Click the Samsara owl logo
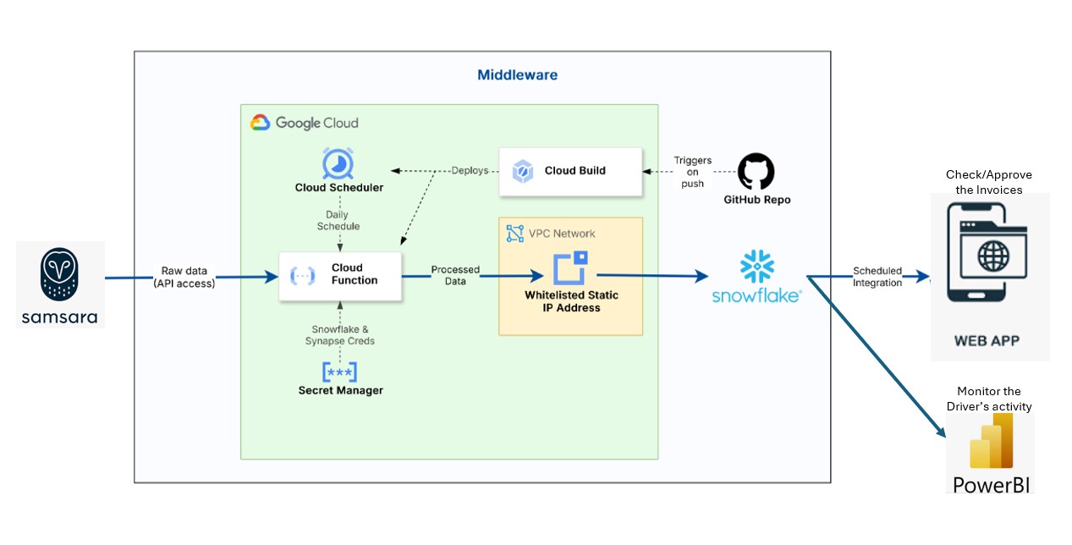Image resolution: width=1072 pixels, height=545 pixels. point(59,272)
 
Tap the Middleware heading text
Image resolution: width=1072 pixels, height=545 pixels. point(517,74)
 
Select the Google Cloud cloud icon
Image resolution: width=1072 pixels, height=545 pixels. point(260,123)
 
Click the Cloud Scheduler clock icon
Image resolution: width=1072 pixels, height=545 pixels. point(338,162)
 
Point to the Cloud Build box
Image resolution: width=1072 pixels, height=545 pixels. point(569,171)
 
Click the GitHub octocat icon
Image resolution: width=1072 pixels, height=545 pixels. point(756,172)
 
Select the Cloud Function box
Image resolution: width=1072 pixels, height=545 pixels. point(340,275)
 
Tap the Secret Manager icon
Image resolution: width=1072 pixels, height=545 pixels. point(339,372)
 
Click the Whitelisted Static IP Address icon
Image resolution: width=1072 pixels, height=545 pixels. point(570,268)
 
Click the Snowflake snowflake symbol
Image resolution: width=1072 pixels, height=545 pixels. point(757,267)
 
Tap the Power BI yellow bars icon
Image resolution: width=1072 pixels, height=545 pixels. point(991,442)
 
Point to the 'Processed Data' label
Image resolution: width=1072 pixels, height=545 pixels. point(455,275)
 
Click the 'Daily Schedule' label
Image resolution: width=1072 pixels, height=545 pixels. point(338,221)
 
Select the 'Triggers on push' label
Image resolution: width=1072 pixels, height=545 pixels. point(692,172)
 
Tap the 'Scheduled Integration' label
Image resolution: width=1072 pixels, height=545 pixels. point(877,277)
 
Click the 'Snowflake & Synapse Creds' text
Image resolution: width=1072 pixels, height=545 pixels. point(339,335)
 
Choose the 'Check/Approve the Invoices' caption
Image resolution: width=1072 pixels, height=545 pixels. point(988,182)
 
